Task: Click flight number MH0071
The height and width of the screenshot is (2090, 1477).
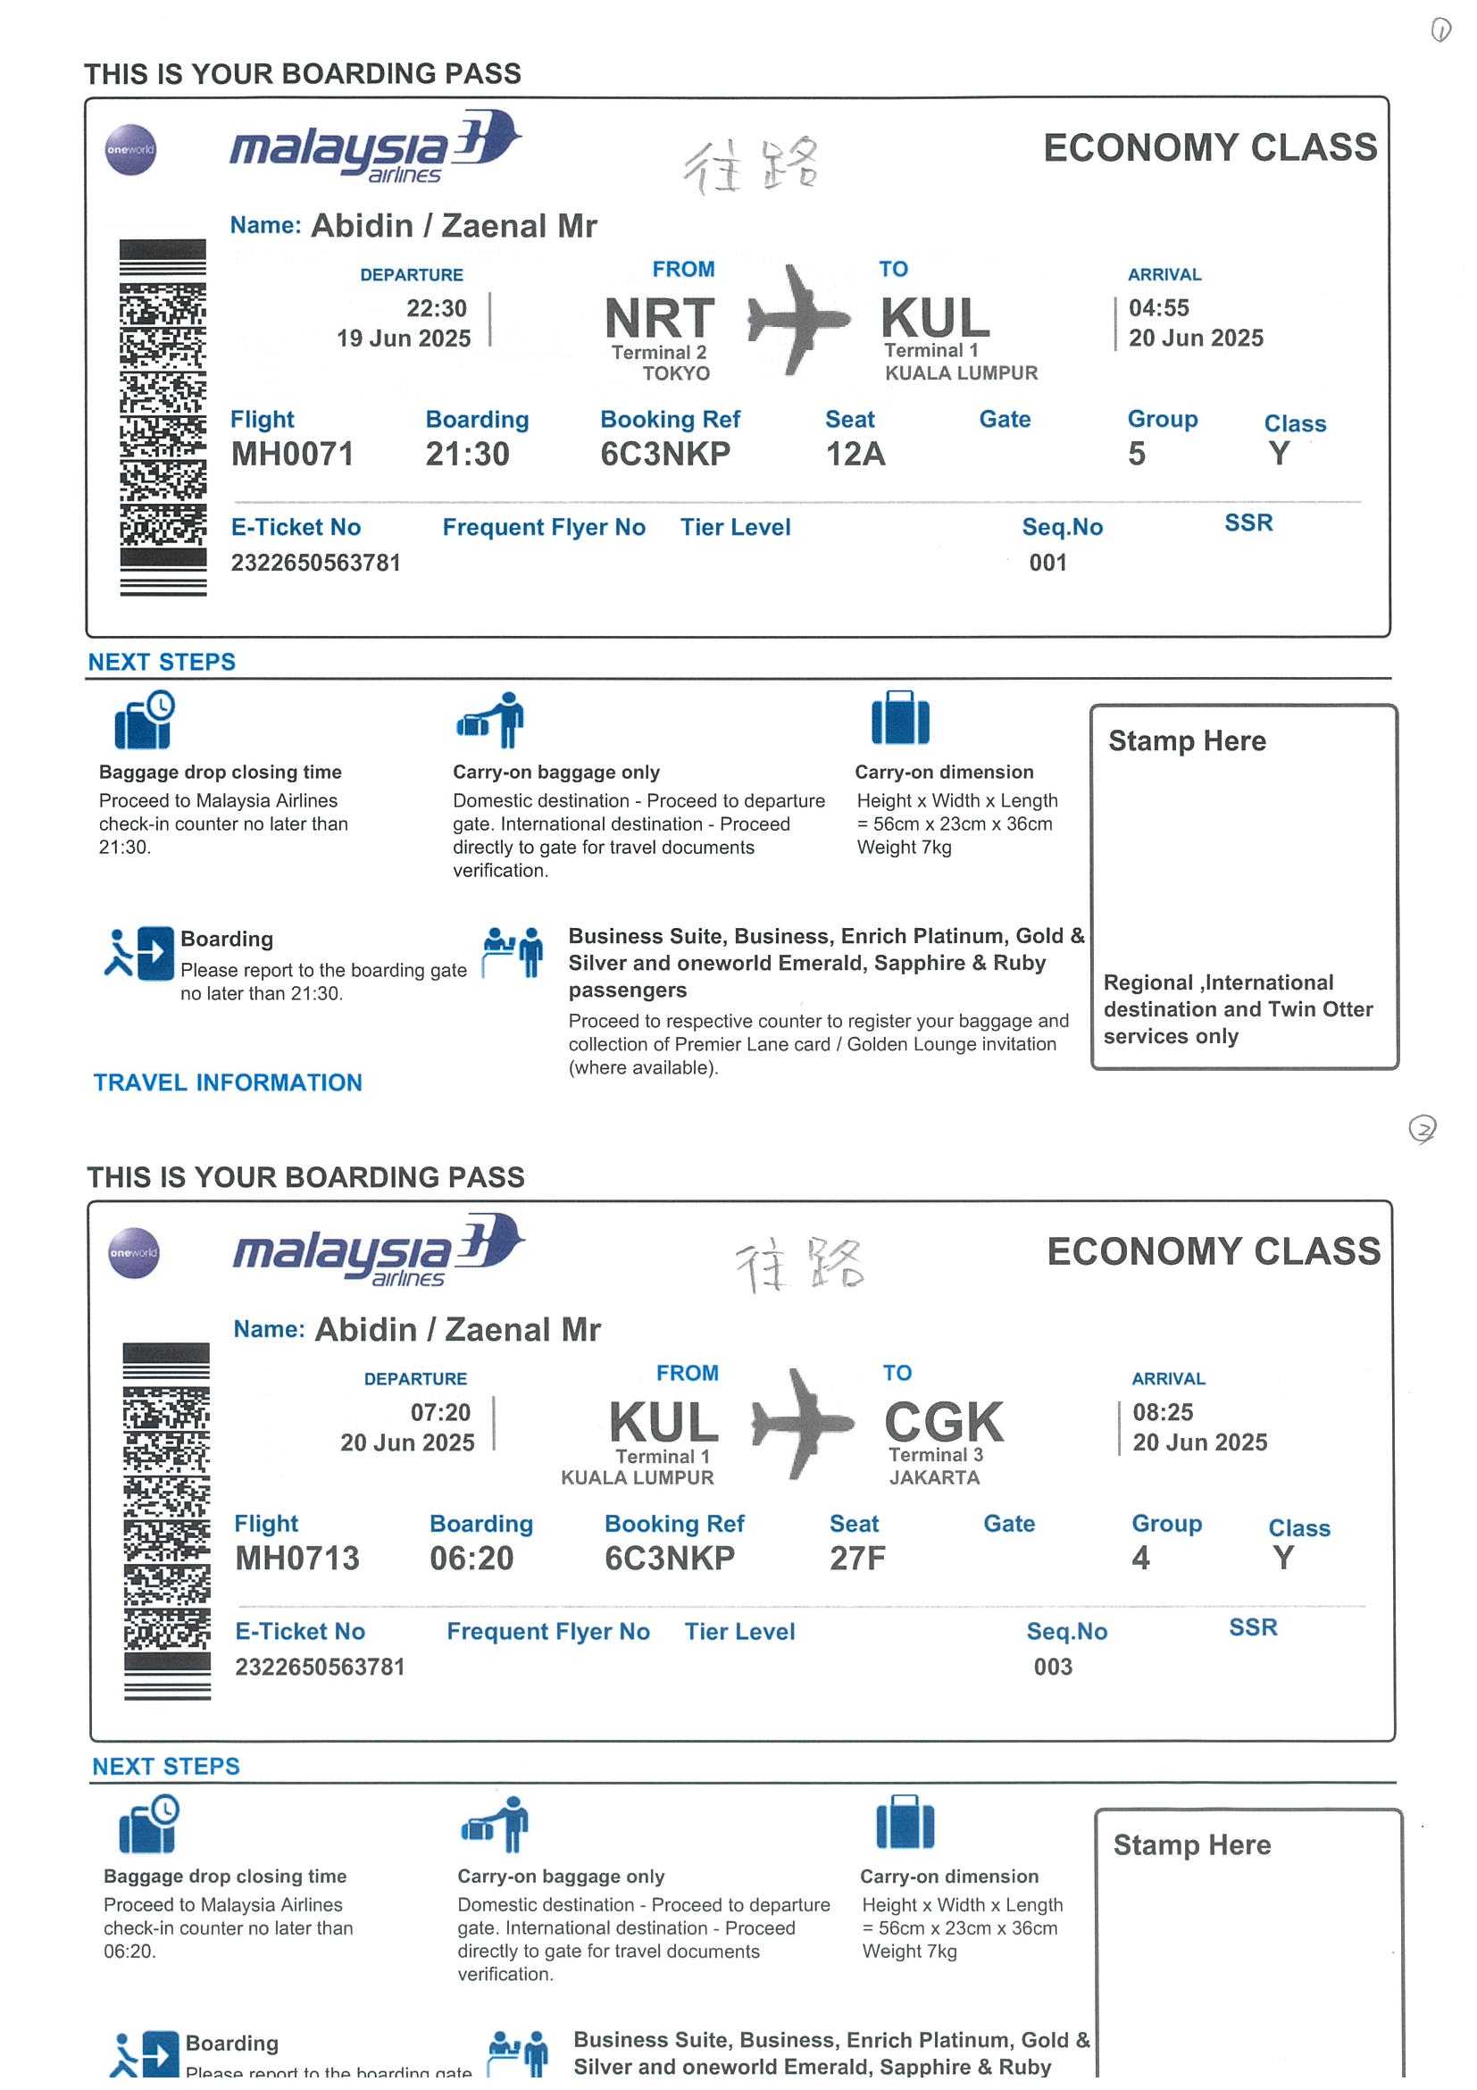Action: [292, 454]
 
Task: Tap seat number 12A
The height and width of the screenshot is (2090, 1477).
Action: [855, 454]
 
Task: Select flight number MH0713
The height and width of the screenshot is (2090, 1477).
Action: [296, 1558]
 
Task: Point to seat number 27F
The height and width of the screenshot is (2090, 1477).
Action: [856, 1558]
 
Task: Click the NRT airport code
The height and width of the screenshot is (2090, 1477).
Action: [660, 318]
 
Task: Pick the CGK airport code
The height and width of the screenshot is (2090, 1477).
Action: [944, 1421]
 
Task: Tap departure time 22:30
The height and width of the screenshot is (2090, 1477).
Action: [436, 307]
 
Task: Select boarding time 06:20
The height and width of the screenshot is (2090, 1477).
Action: [471, 1558]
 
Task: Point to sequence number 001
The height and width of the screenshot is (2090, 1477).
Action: [1047, 563]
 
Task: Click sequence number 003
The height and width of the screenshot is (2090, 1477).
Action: [1053, 1667]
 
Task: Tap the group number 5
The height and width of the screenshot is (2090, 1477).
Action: [1137, 454]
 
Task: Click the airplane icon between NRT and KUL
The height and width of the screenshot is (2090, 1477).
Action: [797, 320]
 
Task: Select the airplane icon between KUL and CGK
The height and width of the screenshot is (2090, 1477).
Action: [802, 1423]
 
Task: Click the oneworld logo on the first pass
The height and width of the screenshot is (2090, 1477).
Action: [131, 149]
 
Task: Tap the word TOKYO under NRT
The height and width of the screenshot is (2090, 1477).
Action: [675, 373]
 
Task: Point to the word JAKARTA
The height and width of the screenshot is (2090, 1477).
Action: [934, 1477]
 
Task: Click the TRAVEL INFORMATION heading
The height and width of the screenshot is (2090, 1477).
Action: [228, 1083]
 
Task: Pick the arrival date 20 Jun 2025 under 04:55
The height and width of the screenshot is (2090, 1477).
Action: [1196, 338]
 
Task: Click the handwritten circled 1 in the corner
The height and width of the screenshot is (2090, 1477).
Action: [1440, 31]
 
